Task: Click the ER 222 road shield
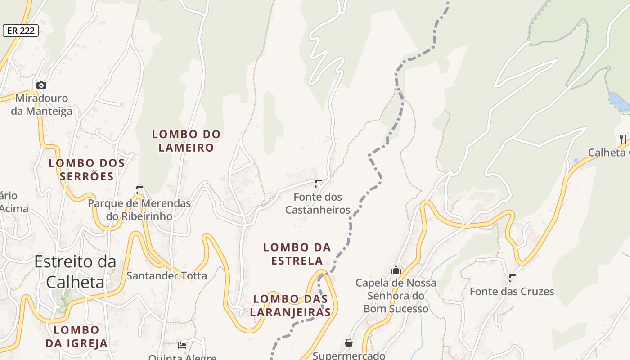pyautogui.click(x=21, y=31)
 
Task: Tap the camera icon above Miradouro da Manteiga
pyautogui.click(x=41, y=85)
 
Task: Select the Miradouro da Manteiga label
pyautogui.click(x=41, y=104)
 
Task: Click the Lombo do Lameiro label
pyautogui.click(x=186, y=141)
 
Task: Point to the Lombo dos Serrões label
pyautogui.click(x=87, y=169)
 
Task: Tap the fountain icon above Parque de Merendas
pyautogui.click(x=139, y=189)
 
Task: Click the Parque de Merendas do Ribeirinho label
pyautogui.click(x=139, y=210)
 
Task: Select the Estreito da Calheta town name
pyautogui.click(x=75, y=271)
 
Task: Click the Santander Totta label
pyautogui.click(x=166, y=275)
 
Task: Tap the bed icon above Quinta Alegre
pyautogui.click(x=182, y=345)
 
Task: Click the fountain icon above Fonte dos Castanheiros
pyautogui.click(x=318, y=183)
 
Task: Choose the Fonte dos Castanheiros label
pyautogui.click(x=318, y=203)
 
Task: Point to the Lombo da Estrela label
pyautogui.click(x=297, y=254)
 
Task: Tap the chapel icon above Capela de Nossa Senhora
pyautogui.click(x=396, y=270)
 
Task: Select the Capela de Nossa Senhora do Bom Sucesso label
pyautogui.click(x=396, y=296)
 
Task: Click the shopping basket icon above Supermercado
pyautogui.click(x=349, y=343)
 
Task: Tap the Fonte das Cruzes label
pyautogui.click(x=512, y=291)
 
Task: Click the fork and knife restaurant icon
pyautogui.click(x=623, y=139)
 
